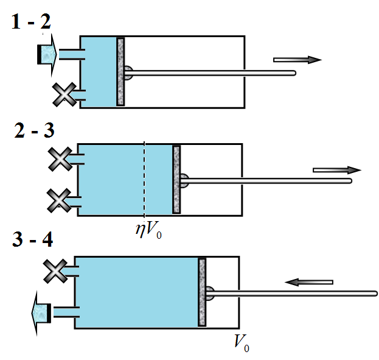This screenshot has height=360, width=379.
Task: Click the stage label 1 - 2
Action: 31,21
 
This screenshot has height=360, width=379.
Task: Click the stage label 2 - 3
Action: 34,130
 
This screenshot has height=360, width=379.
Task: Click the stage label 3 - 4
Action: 33,239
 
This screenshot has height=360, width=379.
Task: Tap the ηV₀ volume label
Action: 148,230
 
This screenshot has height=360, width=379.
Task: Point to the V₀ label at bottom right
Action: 242,343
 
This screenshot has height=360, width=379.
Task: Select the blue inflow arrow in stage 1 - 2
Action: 47,55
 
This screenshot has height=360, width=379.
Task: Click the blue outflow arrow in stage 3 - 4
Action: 41,313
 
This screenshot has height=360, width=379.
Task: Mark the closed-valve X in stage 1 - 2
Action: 64,94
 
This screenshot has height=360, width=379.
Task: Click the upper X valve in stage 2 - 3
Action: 60,159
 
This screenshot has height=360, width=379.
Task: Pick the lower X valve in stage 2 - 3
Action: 59,200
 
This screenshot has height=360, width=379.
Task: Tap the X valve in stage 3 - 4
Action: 55,271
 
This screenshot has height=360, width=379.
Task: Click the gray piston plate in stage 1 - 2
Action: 120,72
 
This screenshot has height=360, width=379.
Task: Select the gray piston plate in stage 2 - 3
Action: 176,180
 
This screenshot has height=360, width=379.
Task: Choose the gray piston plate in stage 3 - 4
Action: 202,292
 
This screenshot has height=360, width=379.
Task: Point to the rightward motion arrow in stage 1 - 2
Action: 297,60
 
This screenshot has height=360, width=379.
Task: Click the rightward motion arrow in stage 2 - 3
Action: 337,170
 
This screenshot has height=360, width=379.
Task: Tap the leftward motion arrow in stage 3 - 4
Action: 309,282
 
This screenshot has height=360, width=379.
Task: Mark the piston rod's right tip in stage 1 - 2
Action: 296,73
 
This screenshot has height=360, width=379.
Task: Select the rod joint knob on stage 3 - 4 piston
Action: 210,294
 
